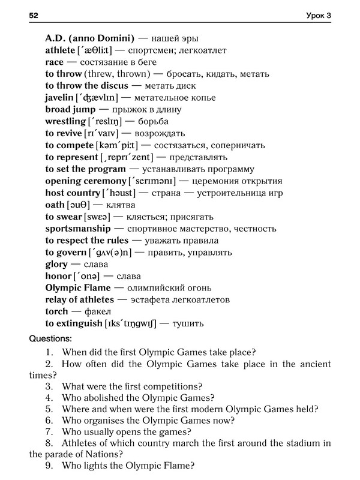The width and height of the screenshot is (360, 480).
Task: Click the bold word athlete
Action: point(60,50)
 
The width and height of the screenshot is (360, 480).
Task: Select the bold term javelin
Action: point(59,98)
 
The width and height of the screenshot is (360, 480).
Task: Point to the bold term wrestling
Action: point(65,122)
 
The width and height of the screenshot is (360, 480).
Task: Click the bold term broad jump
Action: point(70,110)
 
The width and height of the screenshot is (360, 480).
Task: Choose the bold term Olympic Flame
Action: point(78,288)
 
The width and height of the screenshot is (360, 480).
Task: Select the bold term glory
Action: point(56,265)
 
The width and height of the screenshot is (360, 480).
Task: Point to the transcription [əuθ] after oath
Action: point(79,205)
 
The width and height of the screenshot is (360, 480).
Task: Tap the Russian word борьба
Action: point(143,122)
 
